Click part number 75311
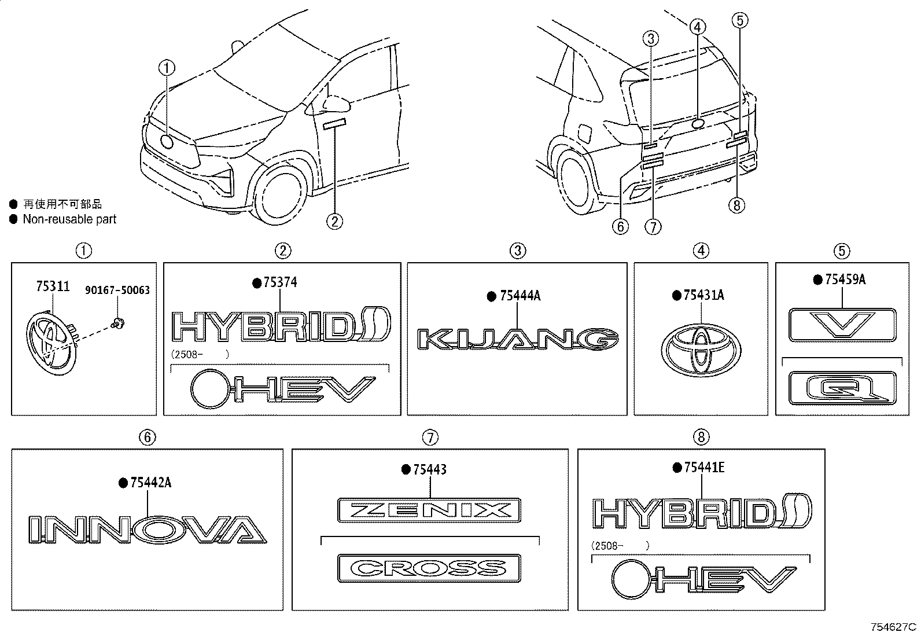click(53, 286)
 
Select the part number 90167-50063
click(117, 290)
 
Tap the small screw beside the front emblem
click(118, 323)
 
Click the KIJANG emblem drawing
click(518, 339)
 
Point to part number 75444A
click(520, 296)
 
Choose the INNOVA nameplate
click(148, 530)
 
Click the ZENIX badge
click(429, 510)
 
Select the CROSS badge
click(429, 568)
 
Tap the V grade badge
click(842, 325)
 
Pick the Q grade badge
click(842, 388)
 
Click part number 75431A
click(703, 295)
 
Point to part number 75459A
click(845, 280)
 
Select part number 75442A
click(151, 483)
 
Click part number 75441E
click(704, 468)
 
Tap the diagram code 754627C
click(893, 627)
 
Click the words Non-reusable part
click(69, 219)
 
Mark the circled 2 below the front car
click(335, 222)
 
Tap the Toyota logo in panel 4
click(701, 350)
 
